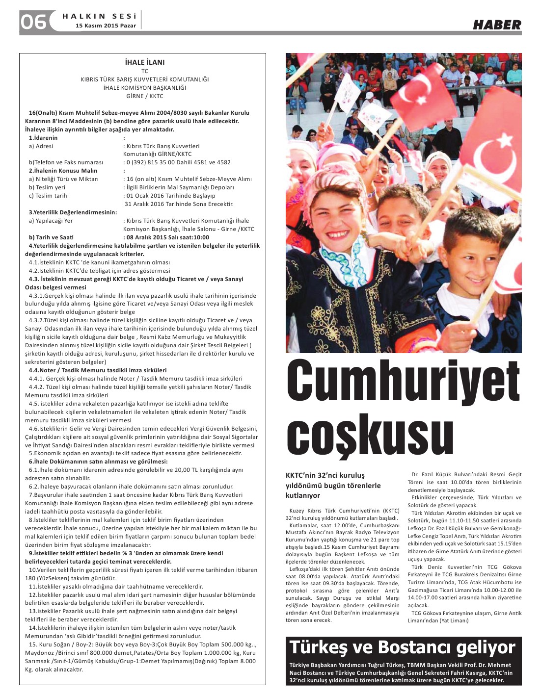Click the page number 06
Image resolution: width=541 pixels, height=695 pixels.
33,22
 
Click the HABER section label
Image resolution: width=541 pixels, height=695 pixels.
497,25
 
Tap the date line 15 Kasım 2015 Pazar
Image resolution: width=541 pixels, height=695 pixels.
106,26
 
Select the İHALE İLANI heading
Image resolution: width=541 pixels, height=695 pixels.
145,62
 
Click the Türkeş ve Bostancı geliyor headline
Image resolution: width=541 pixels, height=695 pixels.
403,647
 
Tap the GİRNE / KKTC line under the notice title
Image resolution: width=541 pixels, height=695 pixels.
145,96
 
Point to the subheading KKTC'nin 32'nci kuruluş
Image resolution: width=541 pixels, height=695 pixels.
325,475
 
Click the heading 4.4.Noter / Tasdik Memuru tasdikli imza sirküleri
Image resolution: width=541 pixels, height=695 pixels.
97,370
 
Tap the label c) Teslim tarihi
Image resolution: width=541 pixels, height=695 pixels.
49,196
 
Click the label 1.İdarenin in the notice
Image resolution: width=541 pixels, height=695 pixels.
43,138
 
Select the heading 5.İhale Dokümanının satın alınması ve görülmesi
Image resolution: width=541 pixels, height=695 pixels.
98,462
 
